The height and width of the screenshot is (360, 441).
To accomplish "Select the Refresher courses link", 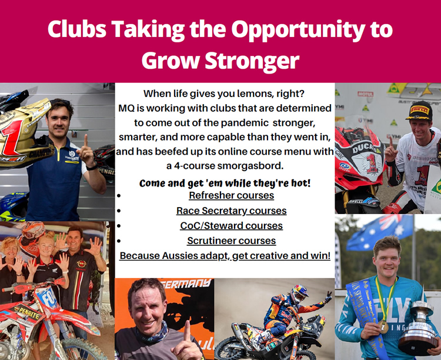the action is (x=232, y=195).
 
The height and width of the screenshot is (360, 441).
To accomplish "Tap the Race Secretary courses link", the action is (x=232, y=211).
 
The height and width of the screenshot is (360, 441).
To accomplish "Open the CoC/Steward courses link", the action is (x=232, y=226).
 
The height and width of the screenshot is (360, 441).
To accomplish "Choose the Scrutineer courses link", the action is (x=232, y=241).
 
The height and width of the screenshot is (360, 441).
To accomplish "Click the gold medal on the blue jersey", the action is (x=383, y=326).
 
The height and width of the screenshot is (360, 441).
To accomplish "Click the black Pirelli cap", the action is (x=420, y=111).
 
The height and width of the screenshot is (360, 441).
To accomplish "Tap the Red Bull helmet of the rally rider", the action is (x=299, y=294).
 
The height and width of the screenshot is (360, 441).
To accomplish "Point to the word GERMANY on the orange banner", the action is (x=187, y=284).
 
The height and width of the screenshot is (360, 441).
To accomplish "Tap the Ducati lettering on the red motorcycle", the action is (x=363, y=148).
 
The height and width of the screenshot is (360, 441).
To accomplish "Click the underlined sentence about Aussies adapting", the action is (x=225, y=256).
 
